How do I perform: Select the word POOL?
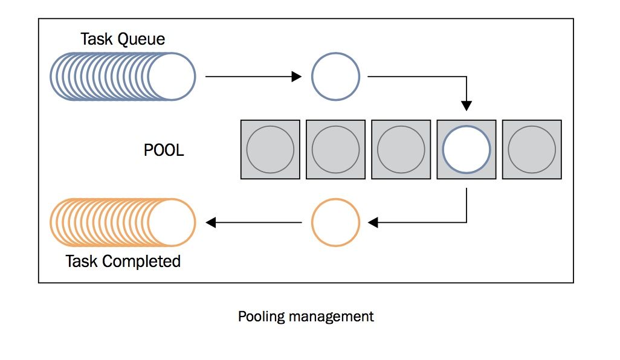point(164,150)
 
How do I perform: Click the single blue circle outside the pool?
point(335,77)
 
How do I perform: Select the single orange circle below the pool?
point(335,222)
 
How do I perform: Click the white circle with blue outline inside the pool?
point(467,149)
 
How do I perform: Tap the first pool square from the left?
point(271,149)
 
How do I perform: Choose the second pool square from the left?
point(335,149)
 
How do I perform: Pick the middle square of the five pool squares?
point(401,149)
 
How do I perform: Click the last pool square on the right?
point(532,149)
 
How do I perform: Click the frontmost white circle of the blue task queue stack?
point(172,77)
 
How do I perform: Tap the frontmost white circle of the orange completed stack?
point(172,222)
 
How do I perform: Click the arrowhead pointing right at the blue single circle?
point(296,77)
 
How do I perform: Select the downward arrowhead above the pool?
point(467,106)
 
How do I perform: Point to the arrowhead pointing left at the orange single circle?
point(373,222)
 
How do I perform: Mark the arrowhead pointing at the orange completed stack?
point(211,222)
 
